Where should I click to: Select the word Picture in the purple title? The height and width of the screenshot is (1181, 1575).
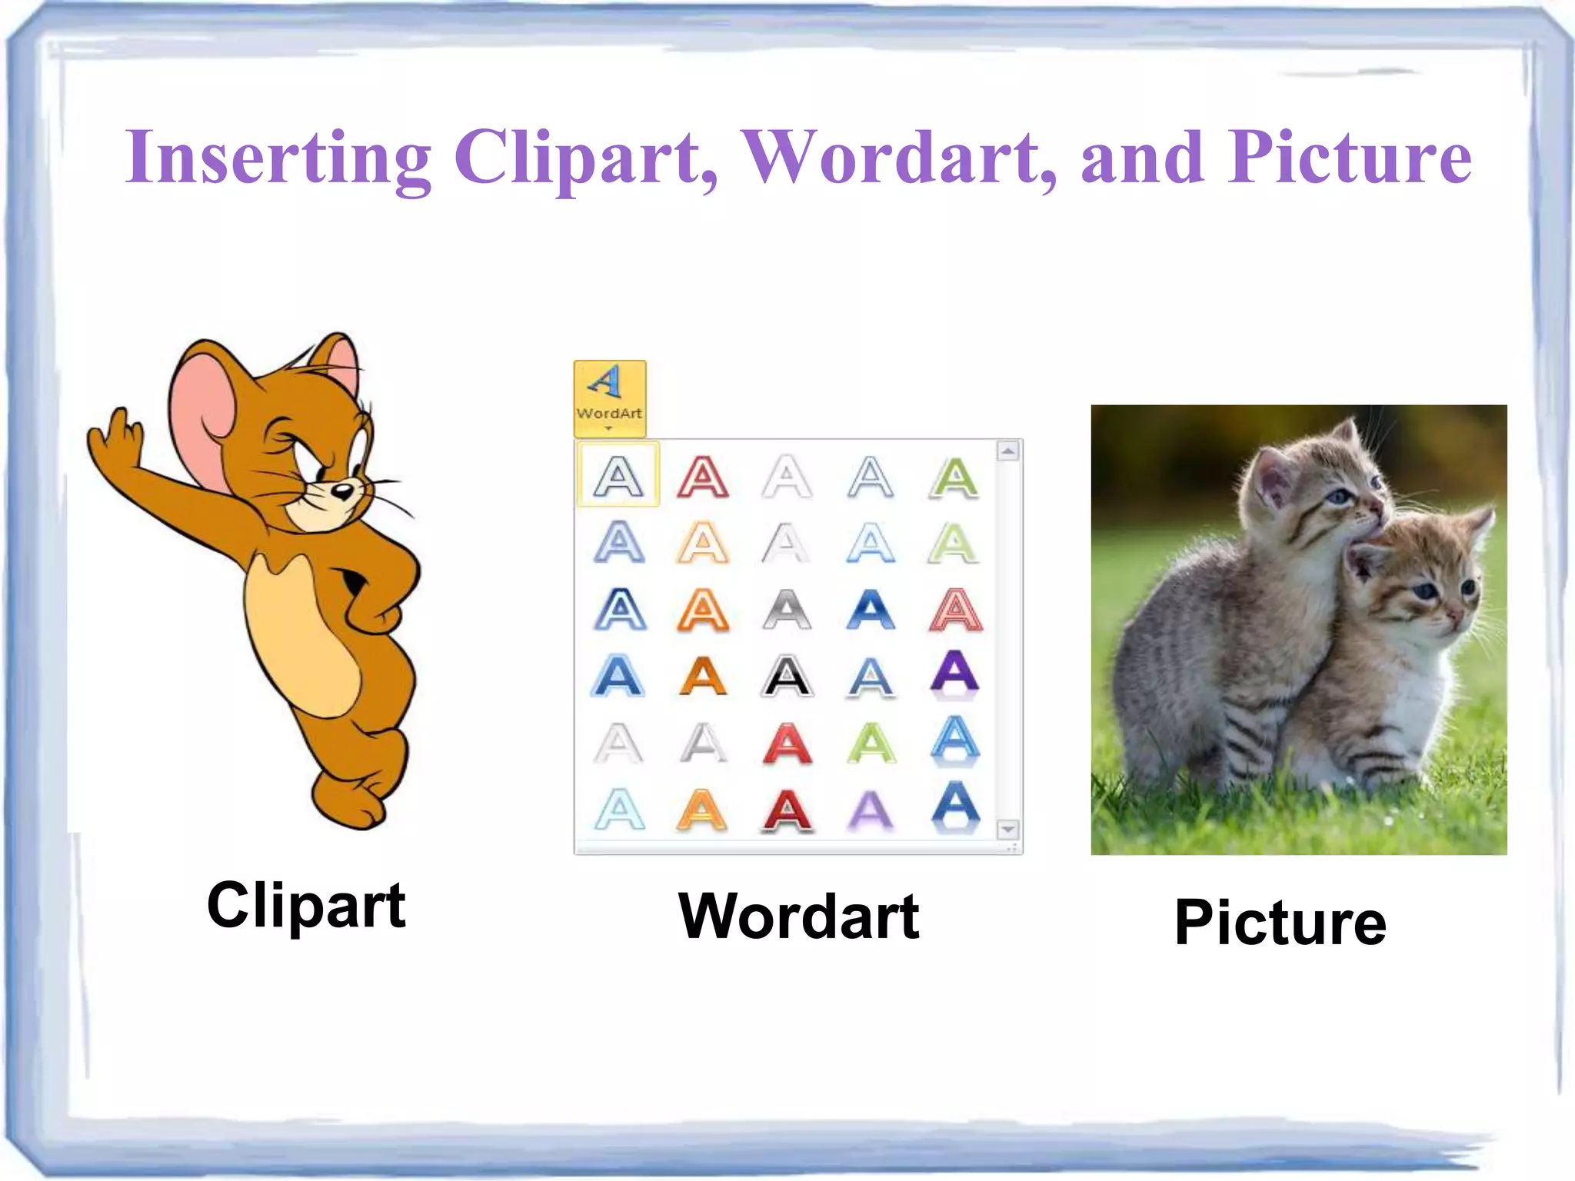[x=1350, y=158]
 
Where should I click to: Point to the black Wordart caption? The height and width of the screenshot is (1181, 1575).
[x=798, y=917]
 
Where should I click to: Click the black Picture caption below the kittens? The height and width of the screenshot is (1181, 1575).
[x=1280, y=923]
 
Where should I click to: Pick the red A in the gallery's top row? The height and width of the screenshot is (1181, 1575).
[x=702, y=477]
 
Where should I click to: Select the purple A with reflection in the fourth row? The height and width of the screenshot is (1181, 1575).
[x=954, y=673]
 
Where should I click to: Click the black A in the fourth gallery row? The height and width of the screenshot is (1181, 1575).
[x=786, y=677]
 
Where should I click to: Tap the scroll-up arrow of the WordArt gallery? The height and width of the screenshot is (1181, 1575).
[x=1007, y=451]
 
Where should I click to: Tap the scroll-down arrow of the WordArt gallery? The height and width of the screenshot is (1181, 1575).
[x=1007, y=830]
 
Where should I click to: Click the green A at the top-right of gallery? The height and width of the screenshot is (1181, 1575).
[x=954, y=477]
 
